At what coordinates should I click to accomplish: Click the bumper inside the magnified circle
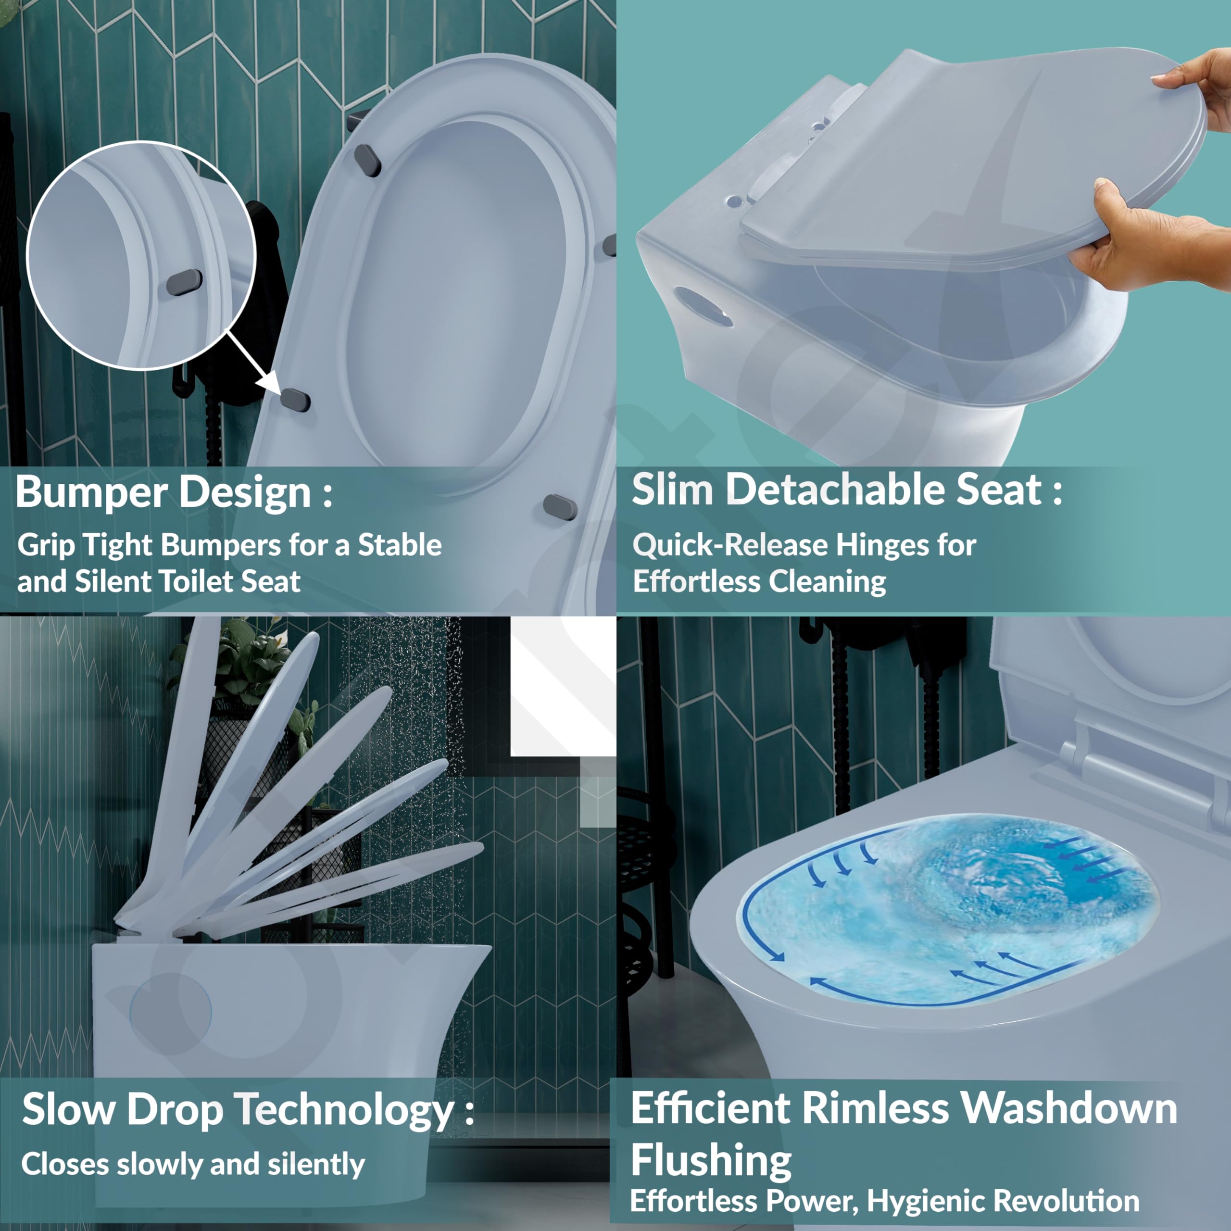click(x=184, y=282)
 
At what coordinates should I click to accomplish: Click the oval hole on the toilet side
click(x=703, y=306)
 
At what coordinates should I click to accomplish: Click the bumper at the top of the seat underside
click(x=368, y=160)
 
